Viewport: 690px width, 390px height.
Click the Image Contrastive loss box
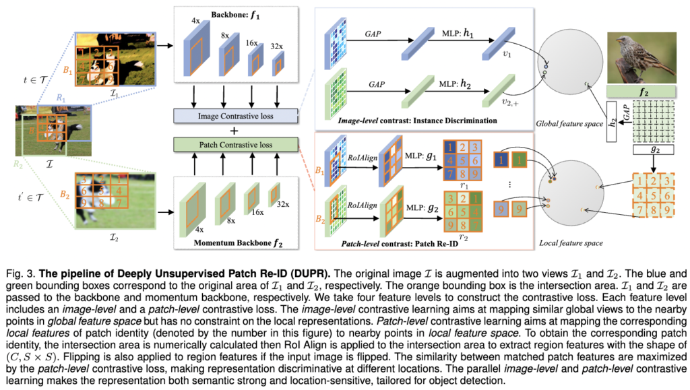(x=235, y=117)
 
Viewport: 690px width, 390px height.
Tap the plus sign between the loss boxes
(x=235, y=130)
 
